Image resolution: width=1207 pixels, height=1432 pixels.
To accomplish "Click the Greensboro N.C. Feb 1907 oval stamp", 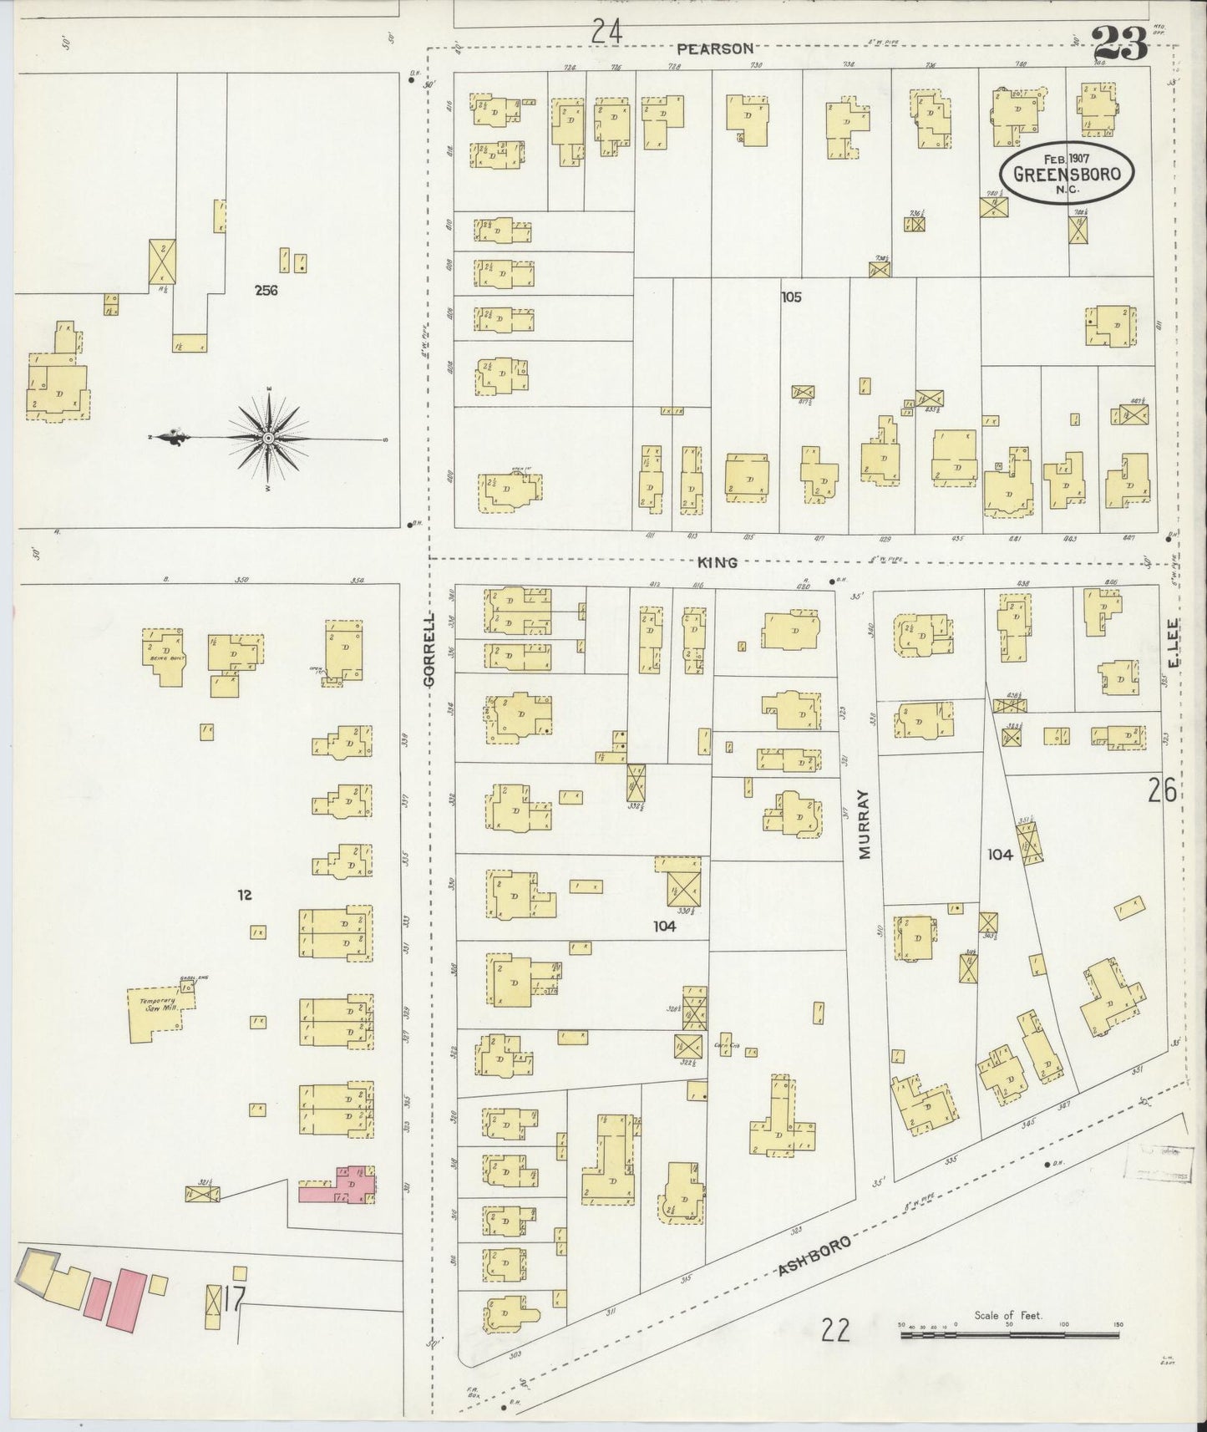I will [1067, 174].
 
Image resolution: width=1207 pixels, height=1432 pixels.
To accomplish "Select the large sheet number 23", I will [1119, 43].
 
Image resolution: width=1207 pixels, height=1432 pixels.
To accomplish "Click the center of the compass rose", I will [269, 438].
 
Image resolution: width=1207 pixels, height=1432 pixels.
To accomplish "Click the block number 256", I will [266, 291].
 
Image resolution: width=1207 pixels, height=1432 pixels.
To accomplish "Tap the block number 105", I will [791, 297].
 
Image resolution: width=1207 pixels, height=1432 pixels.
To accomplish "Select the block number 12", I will [244, 895].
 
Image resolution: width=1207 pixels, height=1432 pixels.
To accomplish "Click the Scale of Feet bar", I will [1009, 1335].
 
